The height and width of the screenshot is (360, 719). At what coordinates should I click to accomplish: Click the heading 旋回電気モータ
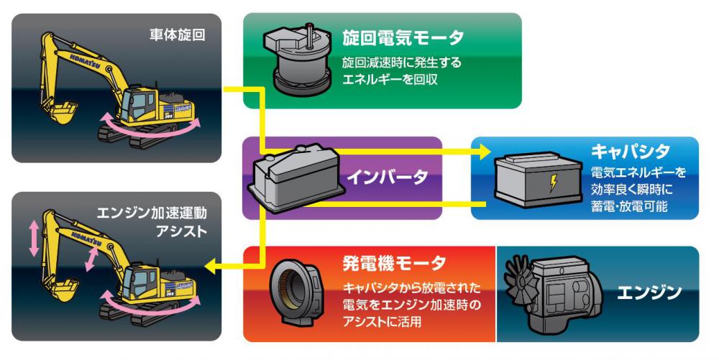[x=403, y=37]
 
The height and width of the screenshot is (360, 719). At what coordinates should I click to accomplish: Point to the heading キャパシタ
[x=631, y=152]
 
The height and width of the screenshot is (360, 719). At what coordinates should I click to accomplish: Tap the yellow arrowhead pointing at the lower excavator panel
[x=209, y=267]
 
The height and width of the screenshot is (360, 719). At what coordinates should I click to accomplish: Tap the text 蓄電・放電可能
[x=629, y=207]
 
